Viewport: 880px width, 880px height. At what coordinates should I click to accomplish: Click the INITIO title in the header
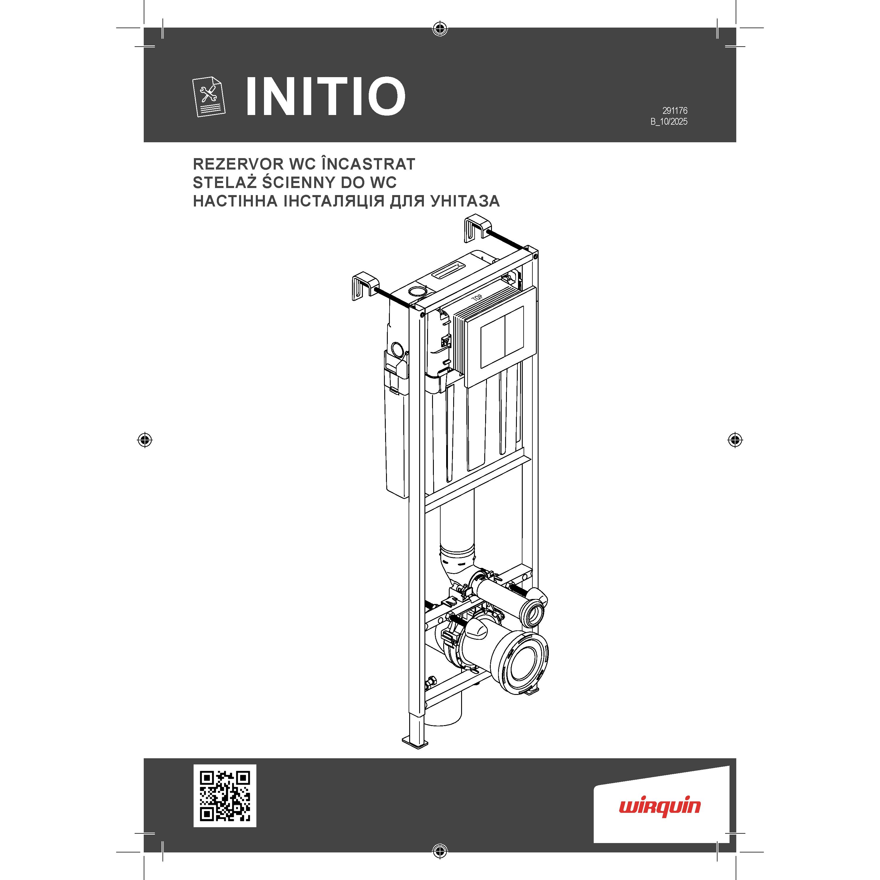[x=325, y=96]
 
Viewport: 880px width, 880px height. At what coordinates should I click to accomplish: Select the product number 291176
[x=675, y=111]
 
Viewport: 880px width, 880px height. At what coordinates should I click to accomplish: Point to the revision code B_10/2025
[x=669, y=122]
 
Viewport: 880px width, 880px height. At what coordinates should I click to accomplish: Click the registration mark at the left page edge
[x=145, y=440]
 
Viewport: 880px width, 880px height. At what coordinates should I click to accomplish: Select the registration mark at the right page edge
[x=735, y=440]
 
